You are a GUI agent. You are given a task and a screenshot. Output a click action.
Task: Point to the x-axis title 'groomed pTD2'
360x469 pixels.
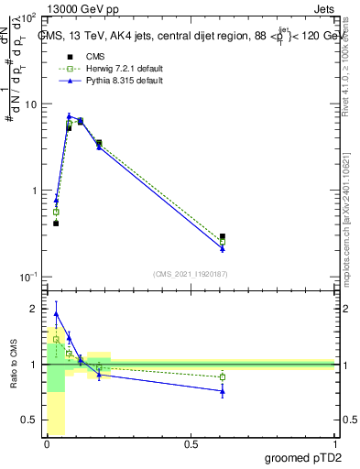click(303, 457)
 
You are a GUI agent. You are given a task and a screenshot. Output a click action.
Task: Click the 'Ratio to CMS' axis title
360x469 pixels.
click(13, 365)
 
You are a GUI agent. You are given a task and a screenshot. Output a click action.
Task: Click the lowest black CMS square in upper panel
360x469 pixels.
click(56, 223)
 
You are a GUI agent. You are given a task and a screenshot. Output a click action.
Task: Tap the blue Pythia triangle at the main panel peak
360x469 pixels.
click(69, 116)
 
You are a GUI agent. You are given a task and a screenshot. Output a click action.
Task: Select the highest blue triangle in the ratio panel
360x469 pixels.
click(56, 313)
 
